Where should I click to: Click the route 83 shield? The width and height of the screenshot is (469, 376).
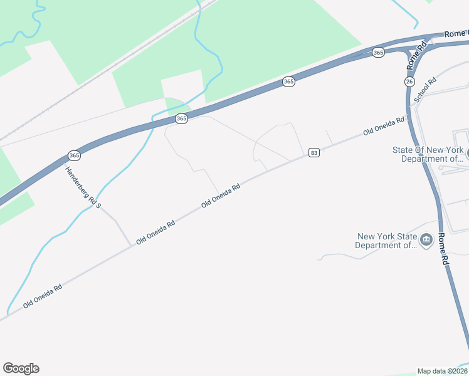point(314,153)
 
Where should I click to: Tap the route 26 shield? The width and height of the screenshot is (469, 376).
point(409,82)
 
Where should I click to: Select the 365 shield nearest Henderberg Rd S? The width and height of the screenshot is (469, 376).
point(74,155)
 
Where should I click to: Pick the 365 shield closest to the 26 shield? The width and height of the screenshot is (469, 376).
point(377,53)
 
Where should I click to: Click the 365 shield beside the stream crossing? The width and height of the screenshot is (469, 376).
point(181,118)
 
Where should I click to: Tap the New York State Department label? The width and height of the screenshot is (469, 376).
point(387,241)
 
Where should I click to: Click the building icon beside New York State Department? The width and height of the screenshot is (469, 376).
point(426,241)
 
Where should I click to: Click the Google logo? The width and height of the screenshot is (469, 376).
point(21,368)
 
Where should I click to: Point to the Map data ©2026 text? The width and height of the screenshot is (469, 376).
point(442,371)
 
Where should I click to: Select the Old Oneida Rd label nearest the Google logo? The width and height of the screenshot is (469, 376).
point(43,296)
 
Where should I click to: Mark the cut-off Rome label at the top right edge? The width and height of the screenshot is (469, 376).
point(456,33)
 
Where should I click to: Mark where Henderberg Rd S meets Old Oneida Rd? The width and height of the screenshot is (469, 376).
point(131,245)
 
